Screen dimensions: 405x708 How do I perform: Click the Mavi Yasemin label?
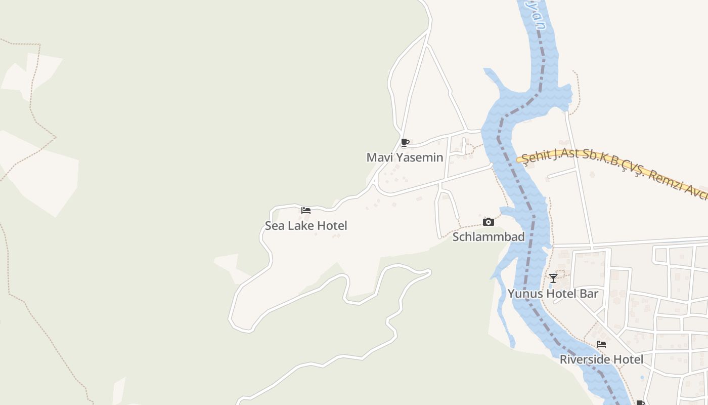405,157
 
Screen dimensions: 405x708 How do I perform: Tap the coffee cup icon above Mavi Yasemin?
405,142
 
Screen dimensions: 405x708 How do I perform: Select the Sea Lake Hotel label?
306,226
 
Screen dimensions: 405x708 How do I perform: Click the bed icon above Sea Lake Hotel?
306,211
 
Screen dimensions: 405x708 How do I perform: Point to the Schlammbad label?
489,237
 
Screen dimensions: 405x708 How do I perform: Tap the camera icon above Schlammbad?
489,222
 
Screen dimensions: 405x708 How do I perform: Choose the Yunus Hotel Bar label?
553,294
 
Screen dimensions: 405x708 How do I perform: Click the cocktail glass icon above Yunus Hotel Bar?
553,278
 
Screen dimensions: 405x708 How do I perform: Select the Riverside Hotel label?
601,359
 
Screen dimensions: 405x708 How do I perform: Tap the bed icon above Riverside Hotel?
601,344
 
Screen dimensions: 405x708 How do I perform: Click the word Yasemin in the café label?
420,157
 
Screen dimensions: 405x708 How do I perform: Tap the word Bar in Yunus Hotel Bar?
589,294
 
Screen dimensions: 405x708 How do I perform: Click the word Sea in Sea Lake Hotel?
275,226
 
